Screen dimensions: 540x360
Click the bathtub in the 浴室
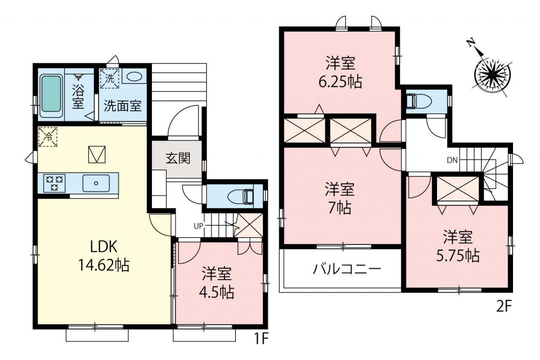(51, 96)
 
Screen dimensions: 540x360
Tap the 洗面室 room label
(122, 106)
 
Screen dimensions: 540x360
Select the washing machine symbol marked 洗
(110, 78)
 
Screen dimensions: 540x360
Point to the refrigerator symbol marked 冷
(48, 137)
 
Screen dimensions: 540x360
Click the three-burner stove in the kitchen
(54, 183)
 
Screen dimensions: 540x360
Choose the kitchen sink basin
(96, 183)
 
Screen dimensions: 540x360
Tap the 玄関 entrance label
(178, 159)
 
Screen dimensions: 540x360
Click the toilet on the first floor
(240, 196)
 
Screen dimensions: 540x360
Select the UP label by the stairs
(199, 226)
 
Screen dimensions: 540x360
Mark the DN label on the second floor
(452, 160)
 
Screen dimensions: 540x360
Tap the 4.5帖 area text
(216, 292)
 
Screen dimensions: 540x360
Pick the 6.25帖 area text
(340, 82)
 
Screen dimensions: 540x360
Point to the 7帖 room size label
(340, 208)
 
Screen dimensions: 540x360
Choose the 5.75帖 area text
(458, 256)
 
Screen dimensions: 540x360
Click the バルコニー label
(347, 269)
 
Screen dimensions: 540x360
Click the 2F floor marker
(504, 307)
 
